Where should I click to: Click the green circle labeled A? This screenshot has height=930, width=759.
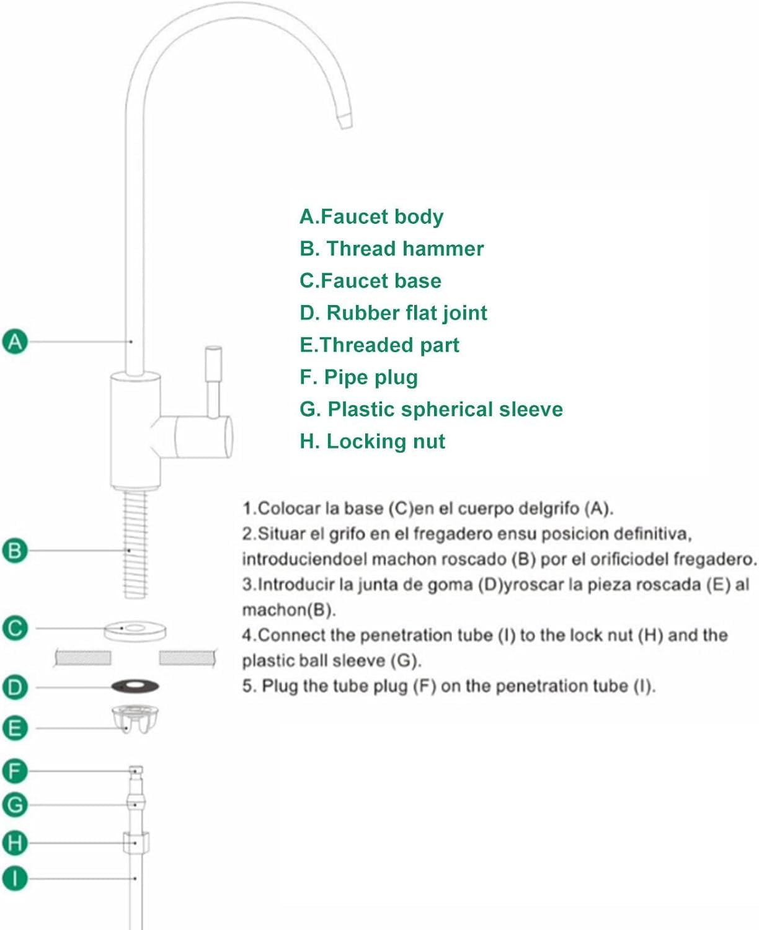16,342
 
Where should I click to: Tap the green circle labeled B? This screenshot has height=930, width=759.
16,551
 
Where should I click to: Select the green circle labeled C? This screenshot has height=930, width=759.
16,628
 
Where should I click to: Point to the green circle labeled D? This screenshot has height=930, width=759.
16,687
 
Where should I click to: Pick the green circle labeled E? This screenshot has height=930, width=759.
16,728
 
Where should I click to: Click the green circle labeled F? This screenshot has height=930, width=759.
16,771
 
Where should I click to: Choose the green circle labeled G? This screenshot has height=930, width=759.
16,805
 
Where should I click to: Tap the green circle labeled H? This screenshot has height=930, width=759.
16,843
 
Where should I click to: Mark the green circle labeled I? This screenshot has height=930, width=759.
16,879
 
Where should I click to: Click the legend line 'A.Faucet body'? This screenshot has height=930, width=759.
371,216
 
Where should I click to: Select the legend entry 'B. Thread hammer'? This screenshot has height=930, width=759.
391,249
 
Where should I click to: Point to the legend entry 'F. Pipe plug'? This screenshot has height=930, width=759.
358,377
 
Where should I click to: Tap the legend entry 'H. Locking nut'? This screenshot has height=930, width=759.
372,441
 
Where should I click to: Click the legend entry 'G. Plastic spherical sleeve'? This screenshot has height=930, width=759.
431,409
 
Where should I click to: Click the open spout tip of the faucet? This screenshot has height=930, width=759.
344,117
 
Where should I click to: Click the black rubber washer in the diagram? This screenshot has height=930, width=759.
135,686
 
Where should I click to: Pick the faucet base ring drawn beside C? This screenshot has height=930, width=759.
135,631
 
